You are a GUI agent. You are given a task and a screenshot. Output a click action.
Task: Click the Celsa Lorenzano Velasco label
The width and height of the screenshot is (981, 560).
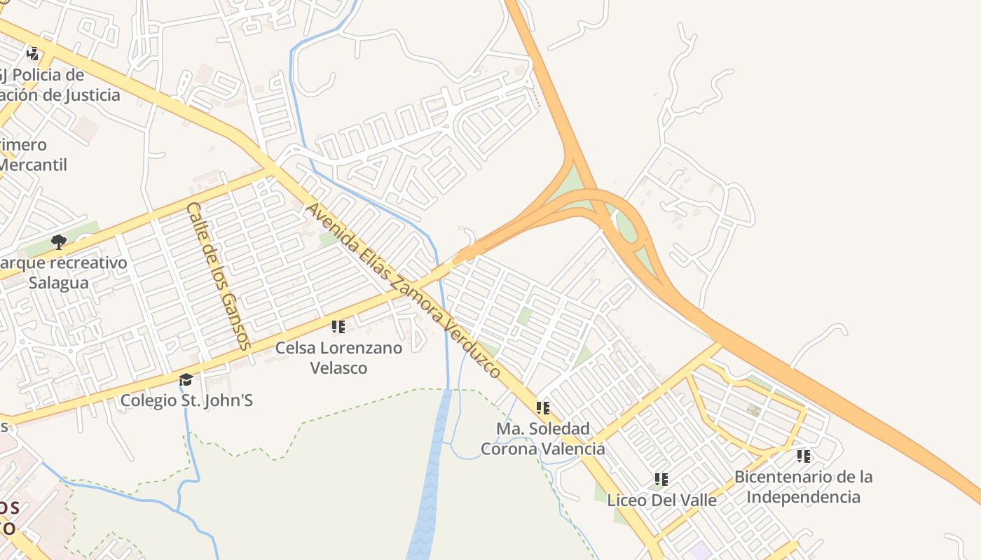(338, 357)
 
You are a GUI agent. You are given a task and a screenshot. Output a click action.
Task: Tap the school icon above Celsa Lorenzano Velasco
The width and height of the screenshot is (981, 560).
(338, 326)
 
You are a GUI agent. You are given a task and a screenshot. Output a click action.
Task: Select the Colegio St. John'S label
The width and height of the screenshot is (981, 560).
(186, 400)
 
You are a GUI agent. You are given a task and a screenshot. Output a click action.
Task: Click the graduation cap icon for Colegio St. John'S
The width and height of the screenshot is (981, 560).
(186, 379)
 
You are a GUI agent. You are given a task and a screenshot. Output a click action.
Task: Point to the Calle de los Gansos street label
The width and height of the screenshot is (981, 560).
(218, 276)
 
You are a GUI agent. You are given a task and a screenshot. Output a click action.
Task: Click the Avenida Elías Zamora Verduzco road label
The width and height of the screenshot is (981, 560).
(404, 290)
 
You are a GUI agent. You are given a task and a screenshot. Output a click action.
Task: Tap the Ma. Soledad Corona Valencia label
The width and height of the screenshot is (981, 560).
(543, 438)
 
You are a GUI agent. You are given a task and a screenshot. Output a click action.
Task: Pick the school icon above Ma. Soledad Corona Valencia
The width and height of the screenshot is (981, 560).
(543, 407)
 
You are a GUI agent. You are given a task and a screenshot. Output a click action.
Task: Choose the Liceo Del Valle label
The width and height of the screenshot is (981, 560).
(661, 500)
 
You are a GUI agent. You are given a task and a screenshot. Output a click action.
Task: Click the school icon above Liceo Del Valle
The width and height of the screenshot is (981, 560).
(661, 479)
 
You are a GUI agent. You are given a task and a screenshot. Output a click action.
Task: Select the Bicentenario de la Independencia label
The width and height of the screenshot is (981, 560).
(803, 486)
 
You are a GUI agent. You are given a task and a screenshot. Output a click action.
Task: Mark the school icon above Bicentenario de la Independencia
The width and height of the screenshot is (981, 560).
(804, 456)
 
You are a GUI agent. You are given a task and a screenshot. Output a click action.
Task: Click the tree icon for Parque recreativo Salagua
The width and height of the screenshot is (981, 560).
(59, 242)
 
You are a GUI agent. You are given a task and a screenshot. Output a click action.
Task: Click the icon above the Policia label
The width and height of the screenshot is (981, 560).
(32, 53)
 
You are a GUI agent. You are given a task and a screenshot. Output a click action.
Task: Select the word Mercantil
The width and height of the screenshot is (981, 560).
(33, 165)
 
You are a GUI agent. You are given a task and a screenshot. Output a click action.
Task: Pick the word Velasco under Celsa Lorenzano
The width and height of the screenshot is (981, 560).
(338, 367)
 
